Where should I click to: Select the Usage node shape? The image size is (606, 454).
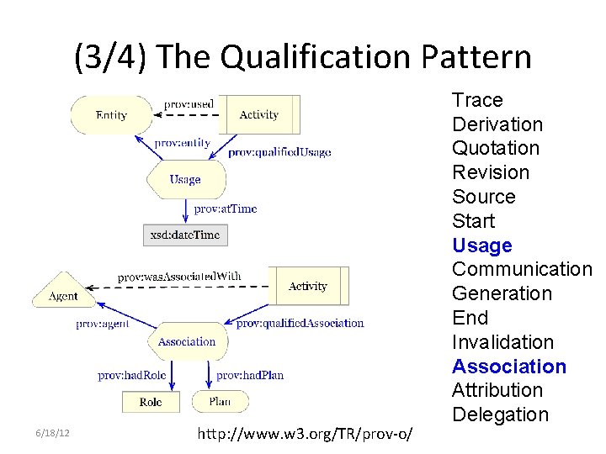pos(185,179)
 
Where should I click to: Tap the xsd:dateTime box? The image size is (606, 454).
pos(185,235)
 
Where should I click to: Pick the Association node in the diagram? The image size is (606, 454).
pos(187,341)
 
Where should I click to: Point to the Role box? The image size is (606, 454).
pos(151,402)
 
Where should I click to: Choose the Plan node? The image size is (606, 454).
pos(220,402)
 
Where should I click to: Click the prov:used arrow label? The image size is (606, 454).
pos(189,103)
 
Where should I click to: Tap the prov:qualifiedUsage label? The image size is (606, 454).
pos(279,152)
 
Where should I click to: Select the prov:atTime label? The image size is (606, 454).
pos(225,209)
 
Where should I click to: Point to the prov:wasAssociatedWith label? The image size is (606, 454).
pos(179,277)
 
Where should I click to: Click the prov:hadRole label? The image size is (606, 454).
pos(132,375)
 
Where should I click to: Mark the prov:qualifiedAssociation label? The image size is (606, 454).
pos(300,323)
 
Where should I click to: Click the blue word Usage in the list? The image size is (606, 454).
pos(481,245)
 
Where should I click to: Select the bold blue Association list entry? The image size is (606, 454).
pos(509,367)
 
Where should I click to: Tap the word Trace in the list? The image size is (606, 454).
pos(477,100)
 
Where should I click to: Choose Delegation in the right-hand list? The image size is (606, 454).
pos(500,414)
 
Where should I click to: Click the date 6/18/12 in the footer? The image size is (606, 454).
pos(52,432)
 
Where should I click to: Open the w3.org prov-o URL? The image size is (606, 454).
pos(304,434)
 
